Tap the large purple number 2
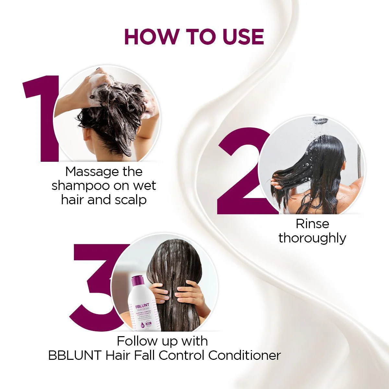242,175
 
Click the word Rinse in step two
312,224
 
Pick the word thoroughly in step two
312,238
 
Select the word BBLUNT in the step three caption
75,355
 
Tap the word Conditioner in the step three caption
244,355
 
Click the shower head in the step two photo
320,120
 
